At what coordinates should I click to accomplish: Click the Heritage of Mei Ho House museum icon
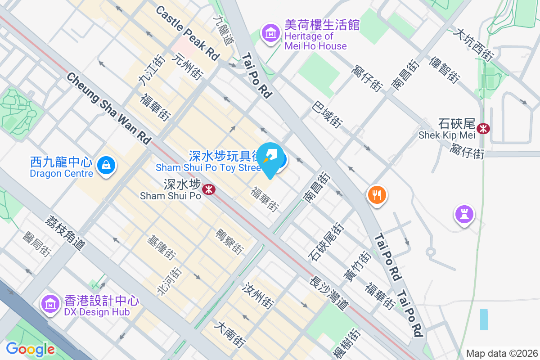click(271, 33)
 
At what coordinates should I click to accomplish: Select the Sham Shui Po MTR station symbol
click(208, 189)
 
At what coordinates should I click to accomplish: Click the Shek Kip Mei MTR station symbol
click(484, 128)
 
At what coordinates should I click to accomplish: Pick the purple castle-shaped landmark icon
click(464, 214)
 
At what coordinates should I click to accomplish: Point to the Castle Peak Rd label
click(187, 33)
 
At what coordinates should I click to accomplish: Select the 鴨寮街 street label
click(230, 241)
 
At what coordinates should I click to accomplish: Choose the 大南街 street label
click(230, 333)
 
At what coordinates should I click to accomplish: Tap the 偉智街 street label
click(445, 70)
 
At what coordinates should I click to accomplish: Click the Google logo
click(30, 349)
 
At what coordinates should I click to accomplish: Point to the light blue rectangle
click(484, 319)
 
